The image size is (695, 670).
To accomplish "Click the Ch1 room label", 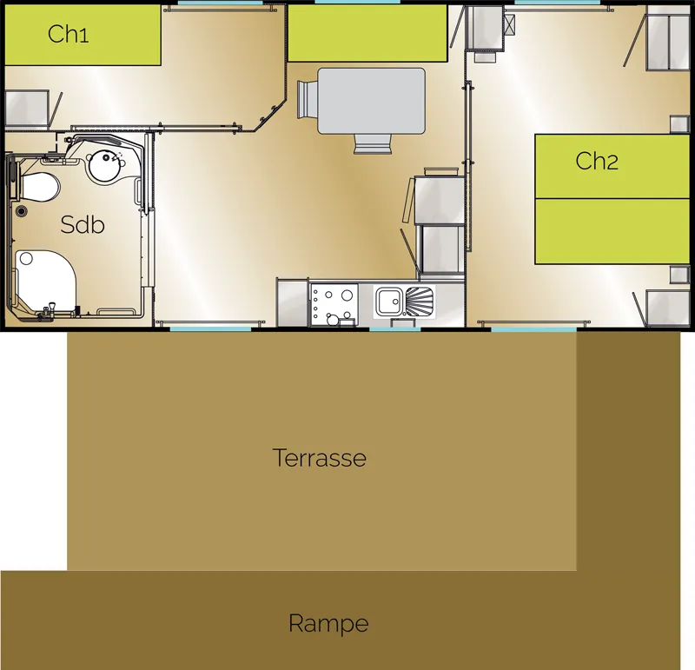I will click(69, 34).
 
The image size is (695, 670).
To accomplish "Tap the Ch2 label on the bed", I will click(597, 161).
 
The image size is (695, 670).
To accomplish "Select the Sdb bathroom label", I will click(83, 224).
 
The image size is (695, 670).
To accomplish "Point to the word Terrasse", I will click(319, 457).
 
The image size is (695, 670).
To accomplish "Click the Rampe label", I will click(328, 623).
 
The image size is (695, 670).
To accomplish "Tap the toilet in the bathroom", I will click(38, 185).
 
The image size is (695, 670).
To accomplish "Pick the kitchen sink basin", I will click(388, 302).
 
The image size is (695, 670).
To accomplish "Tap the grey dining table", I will click(371, 101).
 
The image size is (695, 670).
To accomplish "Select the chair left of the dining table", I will click(306, 99).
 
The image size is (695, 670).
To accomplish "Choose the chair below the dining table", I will click(371, 144).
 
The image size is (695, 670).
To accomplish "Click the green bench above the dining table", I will click(367, 33).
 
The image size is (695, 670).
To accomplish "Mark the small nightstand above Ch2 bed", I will click(679, 123).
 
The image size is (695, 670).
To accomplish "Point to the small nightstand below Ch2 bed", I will click(679, 275).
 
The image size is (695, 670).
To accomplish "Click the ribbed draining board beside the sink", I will click(419, 302).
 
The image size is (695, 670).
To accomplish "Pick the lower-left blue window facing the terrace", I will click(210, 328).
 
